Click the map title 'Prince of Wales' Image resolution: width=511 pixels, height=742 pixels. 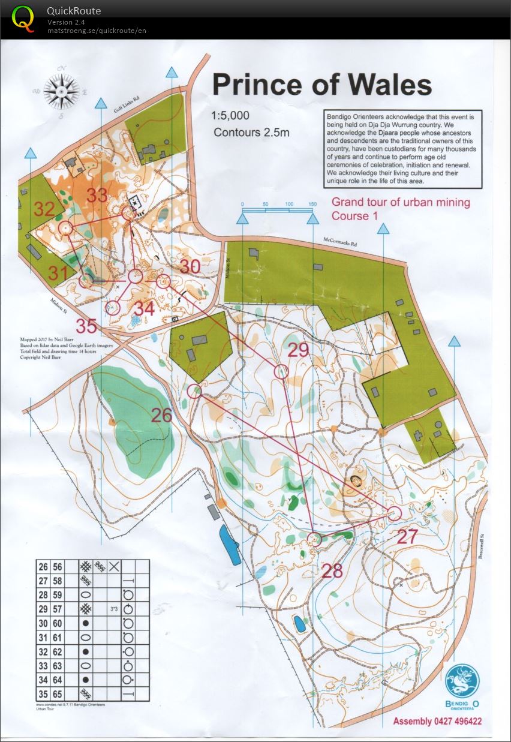322,85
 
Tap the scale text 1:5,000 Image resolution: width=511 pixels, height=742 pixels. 230,116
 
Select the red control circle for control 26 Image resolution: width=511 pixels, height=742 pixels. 194,392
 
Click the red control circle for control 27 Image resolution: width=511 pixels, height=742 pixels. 394,512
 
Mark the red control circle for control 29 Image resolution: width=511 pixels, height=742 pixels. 281,372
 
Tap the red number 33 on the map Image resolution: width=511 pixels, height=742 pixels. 97,196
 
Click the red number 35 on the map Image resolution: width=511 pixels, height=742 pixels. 86,326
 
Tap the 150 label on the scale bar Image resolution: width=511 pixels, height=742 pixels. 312,205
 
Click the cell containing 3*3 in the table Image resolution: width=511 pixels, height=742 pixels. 113,609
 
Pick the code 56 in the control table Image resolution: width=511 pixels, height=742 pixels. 58,566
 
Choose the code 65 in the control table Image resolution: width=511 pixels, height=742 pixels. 58,694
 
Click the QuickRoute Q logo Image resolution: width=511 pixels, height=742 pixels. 23,18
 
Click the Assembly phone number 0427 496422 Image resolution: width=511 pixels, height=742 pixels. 459,721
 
